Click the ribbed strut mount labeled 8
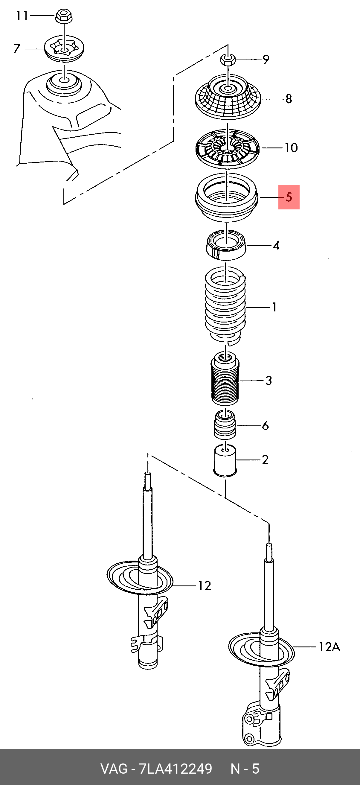pos(228,98)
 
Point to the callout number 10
pos(291,148)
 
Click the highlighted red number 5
pos(289,197)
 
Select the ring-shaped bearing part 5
pos(227,198)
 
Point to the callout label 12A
pos(329,646)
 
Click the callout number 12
pos(205,585)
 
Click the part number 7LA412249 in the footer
pos(176,769)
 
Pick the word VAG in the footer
pos(114,769)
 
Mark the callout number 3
pos(268,380)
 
